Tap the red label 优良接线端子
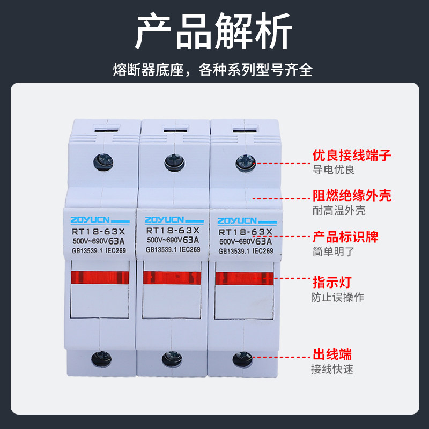pos(352,156)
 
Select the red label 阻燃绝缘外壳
pos(352,195)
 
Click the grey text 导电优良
pos(334,170)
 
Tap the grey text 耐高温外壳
pos(339,210)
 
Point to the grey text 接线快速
pos(332,369)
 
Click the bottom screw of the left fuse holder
pos(100,356)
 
